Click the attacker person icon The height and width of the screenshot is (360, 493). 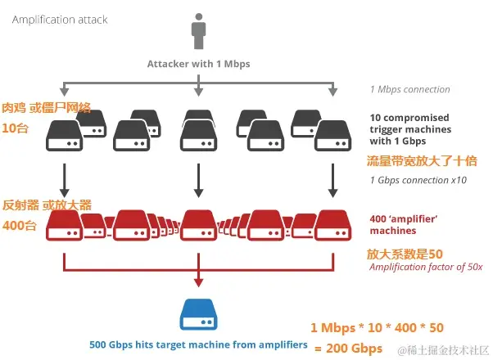(x=198, y=36)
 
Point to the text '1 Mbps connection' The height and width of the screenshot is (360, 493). (x=409, y=89)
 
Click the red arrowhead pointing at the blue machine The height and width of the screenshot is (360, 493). (x=197, y=283)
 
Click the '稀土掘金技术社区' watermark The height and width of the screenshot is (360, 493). (x=443, y=351)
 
